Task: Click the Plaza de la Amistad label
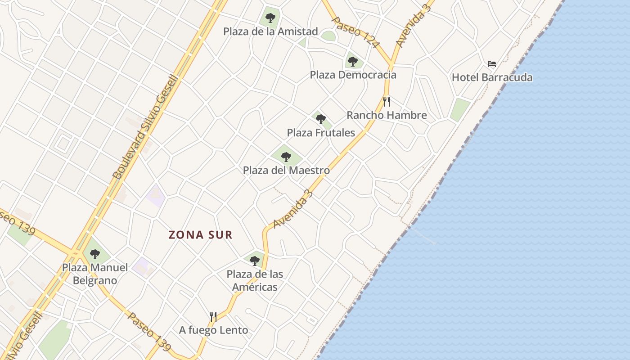[270, 31]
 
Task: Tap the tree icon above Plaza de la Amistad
[270, 18]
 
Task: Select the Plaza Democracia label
[353, 75]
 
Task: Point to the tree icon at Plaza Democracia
[353, 61]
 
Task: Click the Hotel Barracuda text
[492, 77]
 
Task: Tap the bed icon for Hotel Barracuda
[492, 64]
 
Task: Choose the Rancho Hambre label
[387, 115]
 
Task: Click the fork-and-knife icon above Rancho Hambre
[386, 102]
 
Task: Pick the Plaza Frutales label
[321, 133]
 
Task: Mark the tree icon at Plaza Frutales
[321, 119]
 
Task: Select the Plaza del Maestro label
[286, 171]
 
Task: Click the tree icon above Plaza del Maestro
[286, 157]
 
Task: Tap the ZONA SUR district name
[201, 235]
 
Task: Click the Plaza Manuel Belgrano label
[95, 274]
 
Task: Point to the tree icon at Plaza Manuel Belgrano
[94, 254]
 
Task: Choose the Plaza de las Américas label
[255, 280]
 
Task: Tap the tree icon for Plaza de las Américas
[255, 261]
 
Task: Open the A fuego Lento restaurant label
[213, 330]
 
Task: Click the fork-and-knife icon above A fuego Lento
[213, 317]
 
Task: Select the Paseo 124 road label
[355, 32]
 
